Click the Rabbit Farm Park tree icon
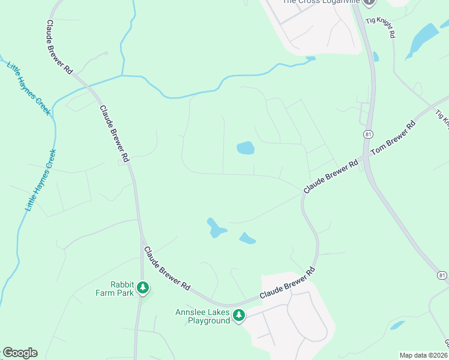coord(143,289)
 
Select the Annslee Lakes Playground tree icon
coord(239,316)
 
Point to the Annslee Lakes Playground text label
coord(203,316)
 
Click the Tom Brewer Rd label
coord(393,140)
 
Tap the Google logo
coord(20,353)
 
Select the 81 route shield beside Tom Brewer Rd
coord(366,133)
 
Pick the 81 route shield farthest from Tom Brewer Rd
coord(442,275)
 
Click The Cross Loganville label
coord(321,2)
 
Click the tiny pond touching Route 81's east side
coord(376,57)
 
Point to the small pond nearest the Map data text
coord(397,325)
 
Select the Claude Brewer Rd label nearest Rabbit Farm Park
coord(166,268)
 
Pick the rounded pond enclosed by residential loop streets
coord(245,148)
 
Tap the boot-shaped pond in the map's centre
coord(216,228)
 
